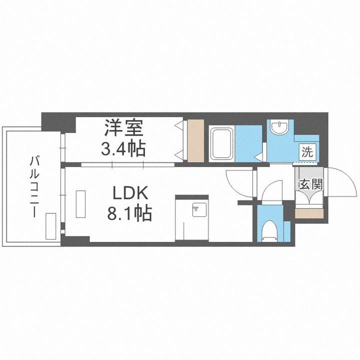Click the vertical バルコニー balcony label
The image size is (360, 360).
pos(34,185)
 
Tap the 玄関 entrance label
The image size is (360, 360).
pos(310,183)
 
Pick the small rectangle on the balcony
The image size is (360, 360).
pos(50,226)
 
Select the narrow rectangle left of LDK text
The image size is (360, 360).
pos(80,203)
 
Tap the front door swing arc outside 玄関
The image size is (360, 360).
pos(343,182)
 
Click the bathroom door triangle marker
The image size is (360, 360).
pos(258,157)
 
